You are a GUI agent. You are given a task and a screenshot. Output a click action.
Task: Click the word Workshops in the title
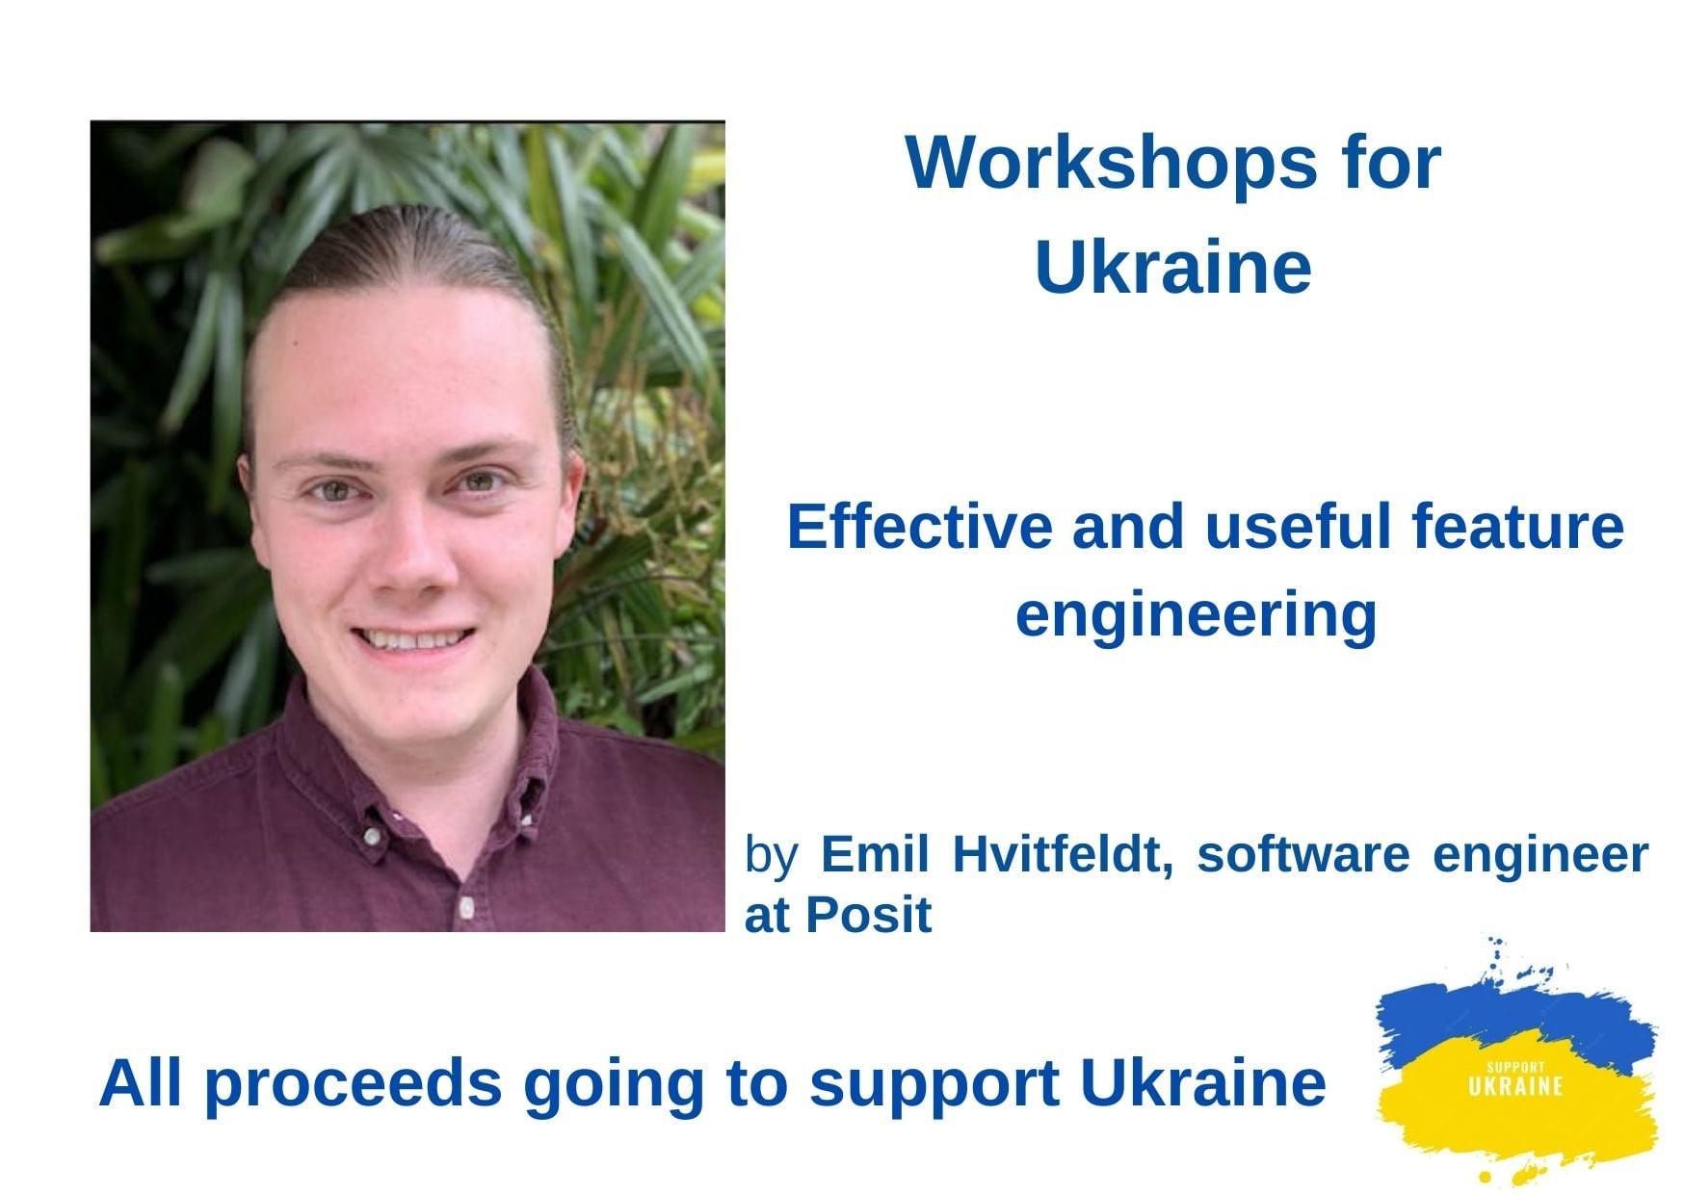(1111, 165)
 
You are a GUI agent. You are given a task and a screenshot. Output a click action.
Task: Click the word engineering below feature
(1196, 616)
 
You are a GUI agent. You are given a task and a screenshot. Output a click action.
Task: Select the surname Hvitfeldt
(1063, 855)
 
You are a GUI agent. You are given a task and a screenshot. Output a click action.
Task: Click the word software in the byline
(1302, 855)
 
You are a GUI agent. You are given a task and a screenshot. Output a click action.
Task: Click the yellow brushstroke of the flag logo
(1517, 1107)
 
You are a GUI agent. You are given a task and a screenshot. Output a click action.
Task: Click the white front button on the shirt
(466, 906)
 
